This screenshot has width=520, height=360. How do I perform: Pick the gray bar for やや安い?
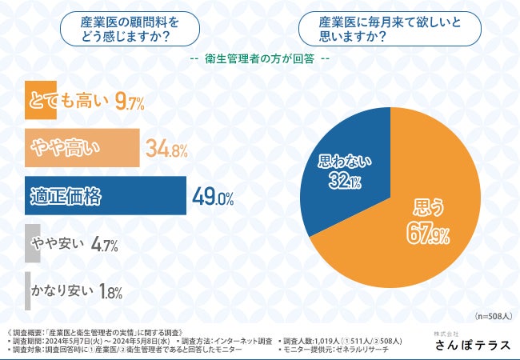(32, 243)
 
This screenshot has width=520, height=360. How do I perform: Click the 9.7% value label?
(129, 102)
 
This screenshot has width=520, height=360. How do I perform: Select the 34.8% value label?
(166, 148)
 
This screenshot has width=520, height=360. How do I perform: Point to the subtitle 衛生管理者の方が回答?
(260, 60)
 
